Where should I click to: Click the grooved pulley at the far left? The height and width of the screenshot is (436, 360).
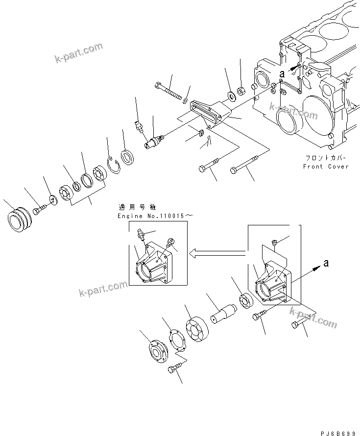tap(21, 217)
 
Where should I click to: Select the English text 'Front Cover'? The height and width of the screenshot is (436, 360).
tap(325, 167)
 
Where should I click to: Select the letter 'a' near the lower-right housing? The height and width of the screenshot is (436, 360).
tap(326, 264)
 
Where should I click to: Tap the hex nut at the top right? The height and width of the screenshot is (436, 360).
tap(241, 91)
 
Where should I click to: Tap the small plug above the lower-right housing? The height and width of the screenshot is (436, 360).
tap(276, 242)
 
